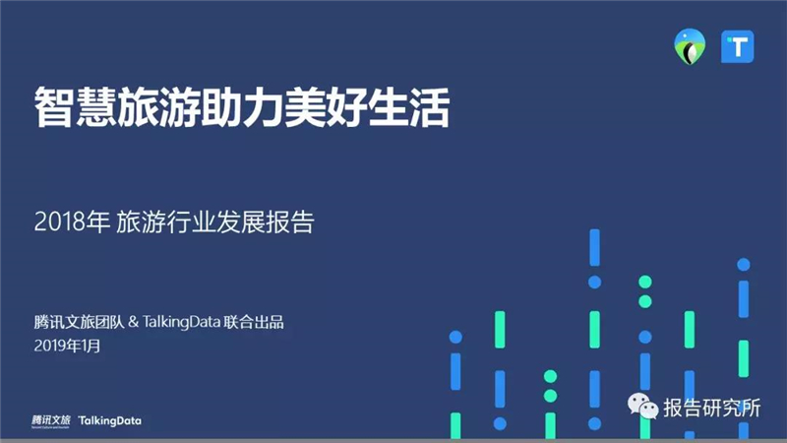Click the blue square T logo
(x=737, y=46)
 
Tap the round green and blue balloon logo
(x=690, y=46)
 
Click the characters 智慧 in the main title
(x=76, y=107)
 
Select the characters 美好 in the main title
(x=326, y=107)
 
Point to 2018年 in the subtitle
(x=72, y=221)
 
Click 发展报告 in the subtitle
(x=265, y=221)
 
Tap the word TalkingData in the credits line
(x=182, y=322)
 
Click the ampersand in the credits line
(x=133, y=322)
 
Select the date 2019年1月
(x=67, y=346)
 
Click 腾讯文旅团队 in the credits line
(x=79, y=322)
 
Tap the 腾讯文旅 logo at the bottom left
(x=51, y=421)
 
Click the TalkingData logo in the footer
(x=110, y=421)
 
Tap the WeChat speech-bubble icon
(x=643, y=406)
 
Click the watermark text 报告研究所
(x=712, y=408)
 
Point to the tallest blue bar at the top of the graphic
(x=595, y=247)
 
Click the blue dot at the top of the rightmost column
(x=744, y=264)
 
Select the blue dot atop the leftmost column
(x=455, y=337)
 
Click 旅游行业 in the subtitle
(x=165, y=221)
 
